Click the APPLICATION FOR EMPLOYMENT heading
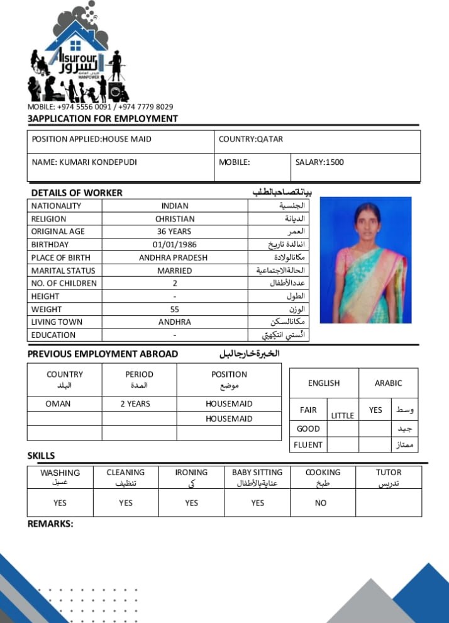(x=104, y=118)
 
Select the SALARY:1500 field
(x=319, y=162)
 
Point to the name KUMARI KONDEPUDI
(x=98, y=162)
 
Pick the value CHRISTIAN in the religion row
(x=175, y=219)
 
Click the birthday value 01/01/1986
(x=175, y=245)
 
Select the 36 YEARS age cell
(x=175, y=232)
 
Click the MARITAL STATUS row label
(x=63, y=271)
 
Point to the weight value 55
(x=175, y=309)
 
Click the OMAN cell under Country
(x=58, y=403)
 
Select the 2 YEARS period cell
(x=135, y=403)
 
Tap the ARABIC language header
(x=388, y=383)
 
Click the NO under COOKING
(x=321, y=503)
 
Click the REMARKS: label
(x=50, y=523)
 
